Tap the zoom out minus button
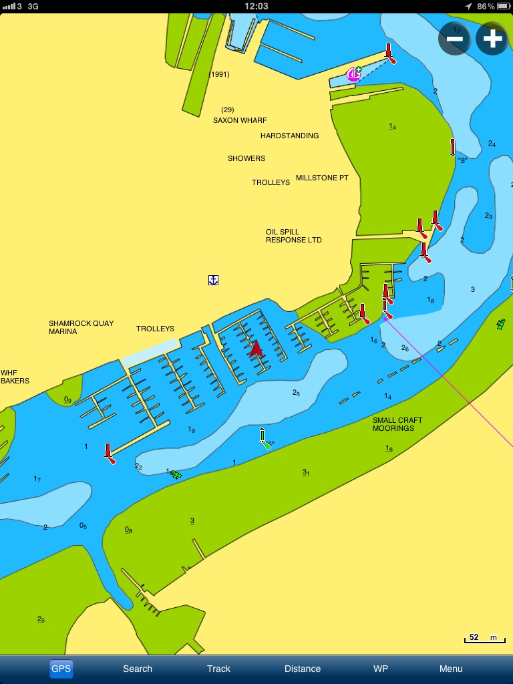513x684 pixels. click(x=455, y=39)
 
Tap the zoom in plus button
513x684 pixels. click(x=492, y=39)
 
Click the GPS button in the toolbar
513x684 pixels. click(x=61, y=669)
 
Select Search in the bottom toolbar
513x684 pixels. click(x=138, y=669)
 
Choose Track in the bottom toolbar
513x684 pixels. click(x=218, y=669)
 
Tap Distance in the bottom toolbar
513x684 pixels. click(x=303, y=669)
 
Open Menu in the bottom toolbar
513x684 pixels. click(x=451, y=669)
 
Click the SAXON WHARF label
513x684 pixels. click(x=240, y=120)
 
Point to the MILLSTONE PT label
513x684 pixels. click(x=322, y=178)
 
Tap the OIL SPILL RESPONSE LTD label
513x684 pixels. click(x=294, y=236)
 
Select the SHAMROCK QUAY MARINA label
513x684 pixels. click(x=81, y=327)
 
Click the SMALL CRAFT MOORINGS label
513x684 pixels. click(x=397, y=424)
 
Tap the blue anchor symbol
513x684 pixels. click(x=213, y=280)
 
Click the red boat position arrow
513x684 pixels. click(x=256, y=349)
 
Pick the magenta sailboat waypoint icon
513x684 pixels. click(x=353, y=75)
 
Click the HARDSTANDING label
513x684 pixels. click(x=289, y=136)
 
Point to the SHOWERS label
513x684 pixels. click(x=246, y=158)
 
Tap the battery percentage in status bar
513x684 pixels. click(x=486, y=6)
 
